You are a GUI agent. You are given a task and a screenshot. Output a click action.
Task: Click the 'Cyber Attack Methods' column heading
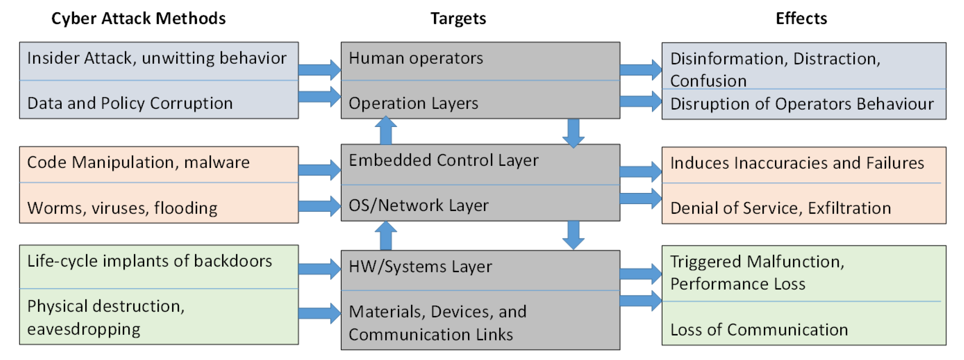point(138,18)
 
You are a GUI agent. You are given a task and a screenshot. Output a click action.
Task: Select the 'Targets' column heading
point(458,18)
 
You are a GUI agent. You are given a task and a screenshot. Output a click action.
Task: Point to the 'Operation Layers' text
point(413,103)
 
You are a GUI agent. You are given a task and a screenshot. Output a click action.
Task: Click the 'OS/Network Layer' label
point(418,205)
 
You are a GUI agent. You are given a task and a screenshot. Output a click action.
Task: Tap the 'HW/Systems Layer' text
point(420,267)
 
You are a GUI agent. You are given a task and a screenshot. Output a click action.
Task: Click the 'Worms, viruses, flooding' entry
point(122,208)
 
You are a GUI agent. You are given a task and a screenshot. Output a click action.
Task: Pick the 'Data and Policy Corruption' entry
point(130,103)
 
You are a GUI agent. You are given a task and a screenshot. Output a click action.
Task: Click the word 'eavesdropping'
point(84,329)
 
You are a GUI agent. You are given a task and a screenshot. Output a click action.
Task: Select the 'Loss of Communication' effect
point(759,330)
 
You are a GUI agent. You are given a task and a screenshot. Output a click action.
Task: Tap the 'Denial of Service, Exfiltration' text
point(781,208)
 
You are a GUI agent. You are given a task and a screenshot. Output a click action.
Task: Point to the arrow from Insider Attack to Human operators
point(319,70)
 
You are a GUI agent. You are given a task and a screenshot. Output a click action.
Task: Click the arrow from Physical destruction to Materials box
point(319,313)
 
